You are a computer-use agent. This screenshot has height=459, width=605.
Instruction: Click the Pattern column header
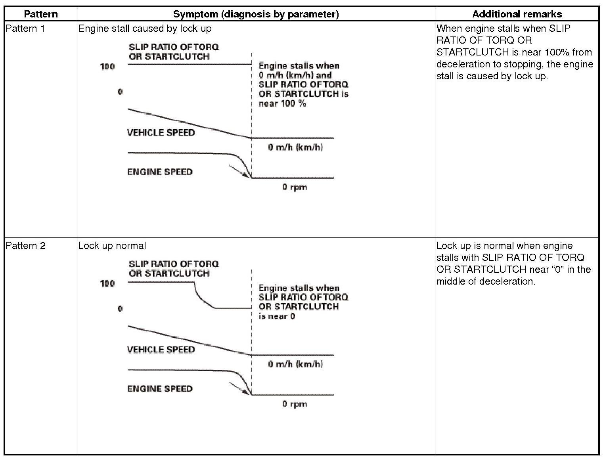pyautogui.click(x=40, y=14)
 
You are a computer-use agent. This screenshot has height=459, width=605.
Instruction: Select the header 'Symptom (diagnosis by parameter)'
pyautogui.click(x=256, y=14)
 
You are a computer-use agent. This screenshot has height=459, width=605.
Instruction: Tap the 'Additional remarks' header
pyautogui.click(x=517, y=14)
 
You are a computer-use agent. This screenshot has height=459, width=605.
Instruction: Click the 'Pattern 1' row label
pyautogui.click(x=25, y=29)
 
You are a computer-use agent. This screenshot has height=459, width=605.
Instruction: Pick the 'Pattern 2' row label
pyautogui.click(x=25, y=246)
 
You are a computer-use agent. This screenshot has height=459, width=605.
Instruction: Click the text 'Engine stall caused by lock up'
pyautogui.click(x=145, y=29)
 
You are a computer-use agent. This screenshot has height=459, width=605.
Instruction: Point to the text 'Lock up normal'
pyautogui.click(x=112, y=246)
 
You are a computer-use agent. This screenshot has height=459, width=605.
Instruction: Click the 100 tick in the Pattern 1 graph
pyautogui.click(x=107, y=67)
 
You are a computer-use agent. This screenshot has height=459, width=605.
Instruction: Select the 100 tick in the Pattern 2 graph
pyautogui.click(x=107, y=283)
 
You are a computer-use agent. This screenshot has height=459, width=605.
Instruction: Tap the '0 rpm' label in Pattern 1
pyautogui.click(x=295, y=187)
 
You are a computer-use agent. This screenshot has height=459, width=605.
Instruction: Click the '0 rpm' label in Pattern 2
pyautogui.click(x=295, y=404)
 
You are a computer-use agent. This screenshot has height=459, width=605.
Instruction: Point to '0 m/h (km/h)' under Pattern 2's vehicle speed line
pyautogui.click(x=295, y=364)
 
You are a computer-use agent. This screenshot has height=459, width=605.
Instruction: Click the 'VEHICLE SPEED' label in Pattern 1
pyautogui.click(x=161, y=133)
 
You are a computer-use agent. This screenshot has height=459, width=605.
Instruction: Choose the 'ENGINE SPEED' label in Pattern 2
pyautogui.click(x=160, y=389)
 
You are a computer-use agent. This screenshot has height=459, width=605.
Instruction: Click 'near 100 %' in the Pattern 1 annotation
pyautogui.click(x=282, y=104)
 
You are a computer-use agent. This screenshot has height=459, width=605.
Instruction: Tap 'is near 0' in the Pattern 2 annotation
pyautogui.click(x=277, y=316)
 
